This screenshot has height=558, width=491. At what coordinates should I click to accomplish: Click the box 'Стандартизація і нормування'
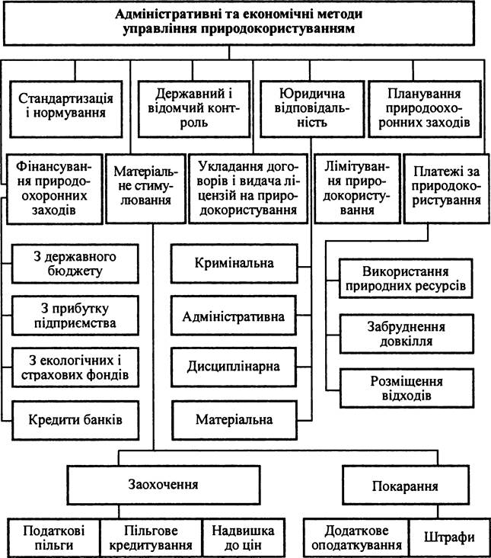coord(66,109)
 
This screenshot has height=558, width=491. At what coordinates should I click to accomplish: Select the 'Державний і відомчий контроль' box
coord(194,109)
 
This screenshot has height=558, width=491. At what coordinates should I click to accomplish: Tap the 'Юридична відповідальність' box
coord(312,109)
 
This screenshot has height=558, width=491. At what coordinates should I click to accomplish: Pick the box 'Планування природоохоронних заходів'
coord(425,109)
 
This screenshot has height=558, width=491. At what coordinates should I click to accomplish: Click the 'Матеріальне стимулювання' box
coord(145,188)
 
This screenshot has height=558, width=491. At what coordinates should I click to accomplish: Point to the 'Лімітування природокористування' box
coord(358,188)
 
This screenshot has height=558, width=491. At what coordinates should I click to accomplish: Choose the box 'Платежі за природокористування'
coord(447,188)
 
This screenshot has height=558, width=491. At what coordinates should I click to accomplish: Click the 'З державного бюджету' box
coord(75,264)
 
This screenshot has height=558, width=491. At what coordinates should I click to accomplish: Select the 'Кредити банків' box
coord(75,420)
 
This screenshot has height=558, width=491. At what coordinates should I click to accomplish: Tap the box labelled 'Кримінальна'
coord(234,264)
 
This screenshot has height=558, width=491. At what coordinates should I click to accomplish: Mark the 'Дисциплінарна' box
coord(234,367)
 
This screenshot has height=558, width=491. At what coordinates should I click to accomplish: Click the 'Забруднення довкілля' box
coord(407,334)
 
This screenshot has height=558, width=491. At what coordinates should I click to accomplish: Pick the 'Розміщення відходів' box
coord(407,388)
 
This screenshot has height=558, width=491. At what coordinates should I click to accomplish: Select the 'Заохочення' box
coord(164,485)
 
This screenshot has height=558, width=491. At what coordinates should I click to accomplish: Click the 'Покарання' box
coord(406,486)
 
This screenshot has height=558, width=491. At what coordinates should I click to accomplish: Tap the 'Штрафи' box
coord(449,537)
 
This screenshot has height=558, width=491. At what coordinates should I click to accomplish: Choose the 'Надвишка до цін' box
coord(244,537)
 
